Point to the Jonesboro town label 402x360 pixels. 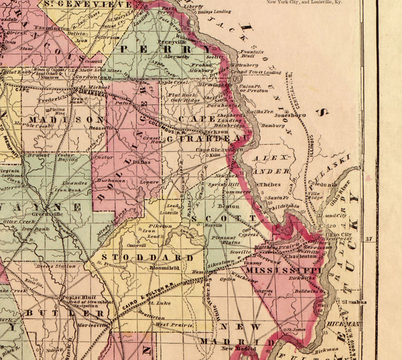(289, 115)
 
